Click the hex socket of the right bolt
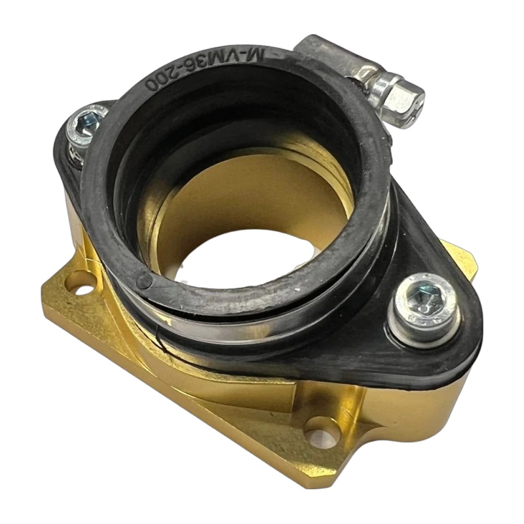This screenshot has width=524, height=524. (x=420, y=299)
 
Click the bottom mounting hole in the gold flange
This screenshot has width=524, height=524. (x=322, y=429)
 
